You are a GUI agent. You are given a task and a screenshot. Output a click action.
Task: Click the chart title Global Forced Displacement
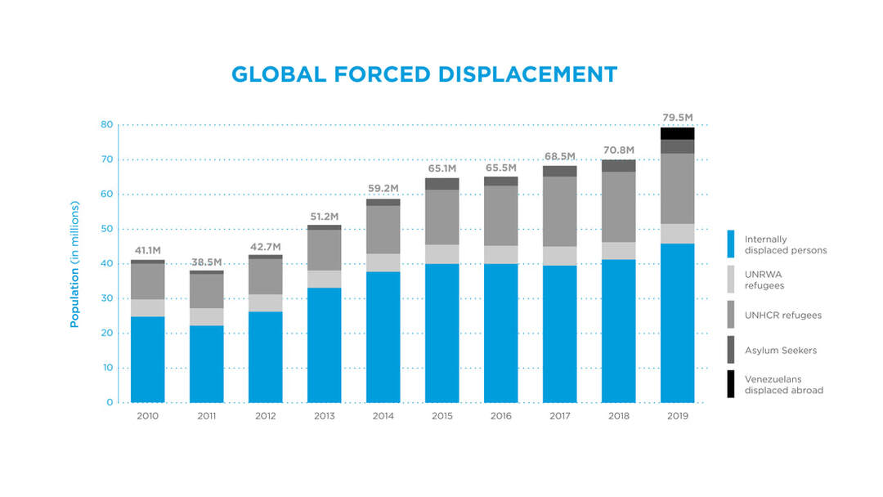click(x=424, y=74)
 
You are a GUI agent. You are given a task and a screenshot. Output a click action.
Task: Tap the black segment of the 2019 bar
click(x=678, y=133)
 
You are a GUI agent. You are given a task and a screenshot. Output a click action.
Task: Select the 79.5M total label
click(x=678, y=118)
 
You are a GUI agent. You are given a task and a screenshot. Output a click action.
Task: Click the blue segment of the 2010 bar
click(x=147, y=360)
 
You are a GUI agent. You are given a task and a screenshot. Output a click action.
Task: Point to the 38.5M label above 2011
click(x=206, y=262)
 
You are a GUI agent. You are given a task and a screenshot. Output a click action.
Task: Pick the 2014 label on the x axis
click(x=383, y=416)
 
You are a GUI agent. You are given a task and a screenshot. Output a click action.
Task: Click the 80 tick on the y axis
click(x=107, y=124)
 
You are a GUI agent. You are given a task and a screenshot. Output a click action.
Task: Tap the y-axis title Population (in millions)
click(x=74, y=264)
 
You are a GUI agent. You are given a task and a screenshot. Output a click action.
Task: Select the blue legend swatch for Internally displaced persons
click(x=730, y=244)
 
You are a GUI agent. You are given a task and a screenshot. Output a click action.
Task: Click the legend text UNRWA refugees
click(x=764, y=280)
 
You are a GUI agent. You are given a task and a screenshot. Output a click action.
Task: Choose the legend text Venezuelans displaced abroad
click(x=784, y=384)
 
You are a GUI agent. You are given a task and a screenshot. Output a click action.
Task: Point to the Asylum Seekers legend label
click(x=781, y=350)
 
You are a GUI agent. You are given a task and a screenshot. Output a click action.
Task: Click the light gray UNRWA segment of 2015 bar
click(x=442, y=254)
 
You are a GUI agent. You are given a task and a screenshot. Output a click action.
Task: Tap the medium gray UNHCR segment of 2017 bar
click(x=560, y=212)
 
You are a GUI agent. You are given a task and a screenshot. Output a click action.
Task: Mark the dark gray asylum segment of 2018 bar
click(x=618, y=166)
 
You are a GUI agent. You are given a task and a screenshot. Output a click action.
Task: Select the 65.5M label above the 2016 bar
click(x=500, y=168)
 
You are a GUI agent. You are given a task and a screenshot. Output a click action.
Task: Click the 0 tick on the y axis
click(x=110, y=402)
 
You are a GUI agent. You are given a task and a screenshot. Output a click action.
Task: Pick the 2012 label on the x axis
click(x=265, y=416)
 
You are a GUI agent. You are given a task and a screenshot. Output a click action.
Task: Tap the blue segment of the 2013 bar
click(x=325, y=345)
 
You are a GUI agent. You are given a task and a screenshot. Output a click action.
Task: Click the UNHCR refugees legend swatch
click(x=730, y=315)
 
